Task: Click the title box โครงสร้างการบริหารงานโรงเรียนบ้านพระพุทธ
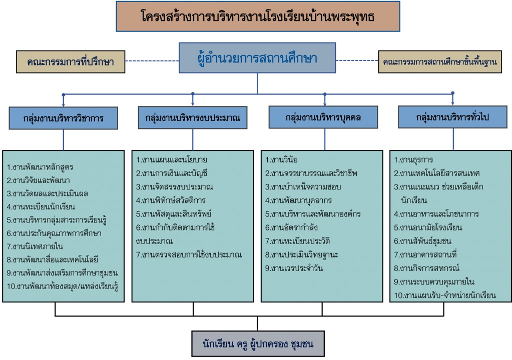[258, 16]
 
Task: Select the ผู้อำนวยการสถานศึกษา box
[257, 57]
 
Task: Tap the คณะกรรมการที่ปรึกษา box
[71, 61]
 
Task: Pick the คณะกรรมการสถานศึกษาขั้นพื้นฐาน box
[440, 61]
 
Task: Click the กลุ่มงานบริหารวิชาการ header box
[64, 118]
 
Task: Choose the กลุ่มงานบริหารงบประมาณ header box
[193, 117]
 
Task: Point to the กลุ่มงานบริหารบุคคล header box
[323, 117]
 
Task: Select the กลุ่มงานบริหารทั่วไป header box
[452, 116]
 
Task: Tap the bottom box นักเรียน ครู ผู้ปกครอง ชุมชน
[258, 343]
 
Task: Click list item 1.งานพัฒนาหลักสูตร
[40, 167]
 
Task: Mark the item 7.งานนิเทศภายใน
[35, 246]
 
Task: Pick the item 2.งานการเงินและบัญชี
[172, 173]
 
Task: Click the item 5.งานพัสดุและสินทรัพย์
[174, 214]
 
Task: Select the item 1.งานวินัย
[281, 160]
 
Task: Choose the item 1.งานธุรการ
[413, 160]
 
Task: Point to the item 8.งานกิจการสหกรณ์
[426, 268]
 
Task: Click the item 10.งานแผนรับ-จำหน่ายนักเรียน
[445, 295]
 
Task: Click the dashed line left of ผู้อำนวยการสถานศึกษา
[152, 61]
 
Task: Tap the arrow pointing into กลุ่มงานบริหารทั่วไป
[452, 99]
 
